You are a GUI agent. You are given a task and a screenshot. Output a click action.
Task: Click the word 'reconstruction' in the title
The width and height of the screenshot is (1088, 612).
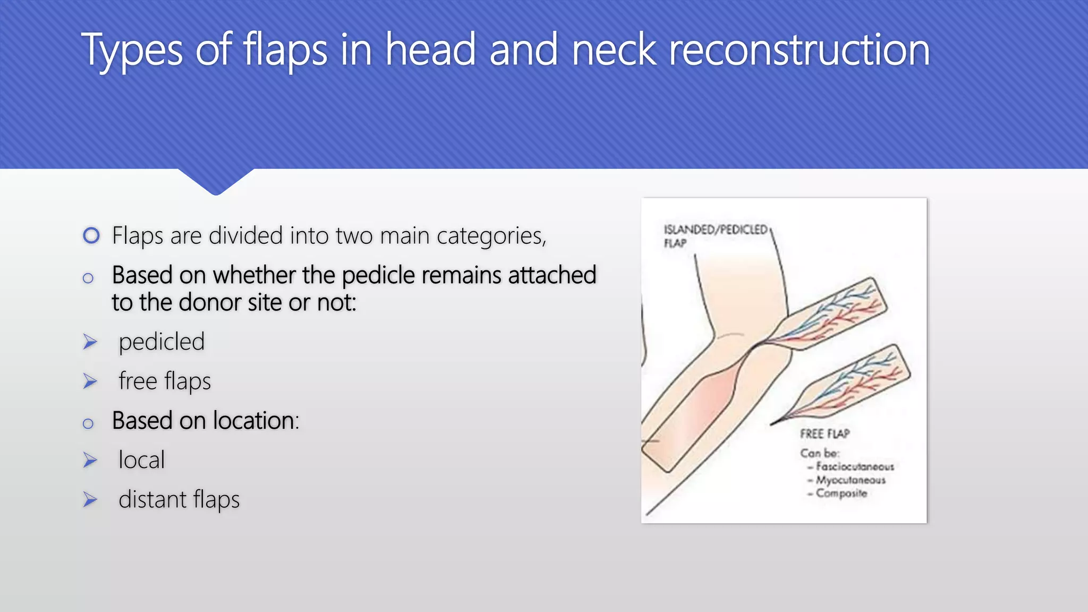799,50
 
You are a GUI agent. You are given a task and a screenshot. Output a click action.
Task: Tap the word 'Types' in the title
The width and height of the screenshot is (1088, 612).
132,51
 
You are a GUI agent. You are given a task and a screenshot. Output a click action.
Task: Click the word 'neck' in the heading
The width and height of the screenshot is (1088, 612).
614,50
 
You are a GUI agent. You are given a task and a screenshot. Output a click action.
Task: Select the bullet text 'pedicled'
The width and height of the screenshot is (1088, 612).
161,342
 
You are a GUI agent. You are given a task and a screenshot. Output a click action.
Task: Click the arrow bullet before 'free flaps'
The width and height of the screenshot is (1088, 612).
90,381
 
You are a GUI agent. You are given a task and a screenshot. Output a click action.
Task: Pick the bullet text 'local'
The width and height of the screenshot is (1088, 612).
141,460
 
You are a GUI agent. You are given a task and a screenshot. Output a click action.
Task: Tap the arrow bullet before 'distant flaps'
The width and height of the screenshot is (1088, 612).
90,500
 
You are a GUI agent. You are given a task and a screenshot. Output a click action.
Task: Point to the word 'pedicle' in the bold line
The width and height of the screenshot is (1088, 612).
378,276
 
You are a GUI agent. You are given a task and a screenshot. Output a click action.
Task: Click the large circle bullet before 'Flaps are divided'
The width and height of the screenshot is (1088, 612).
91,235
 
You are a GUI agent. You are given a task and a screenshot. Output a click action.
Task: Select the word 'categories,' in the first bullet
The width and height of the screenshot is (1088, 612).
491,236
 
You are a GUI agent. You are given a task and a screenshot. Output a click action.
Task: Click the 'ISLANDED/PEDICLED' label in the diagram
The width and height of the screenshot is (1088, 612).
715,230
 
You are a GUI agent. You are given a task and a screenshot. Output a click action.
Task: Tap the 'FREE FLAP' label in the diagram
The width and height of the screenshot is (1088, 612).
824,434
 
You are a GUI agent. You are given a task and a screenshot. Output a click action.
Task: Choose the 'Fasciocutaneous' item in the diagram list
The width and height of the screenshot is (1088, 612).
855,467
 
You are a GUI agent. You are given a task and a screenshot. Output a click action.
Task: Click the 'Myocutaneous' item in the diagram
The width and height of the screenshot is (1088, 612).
851,480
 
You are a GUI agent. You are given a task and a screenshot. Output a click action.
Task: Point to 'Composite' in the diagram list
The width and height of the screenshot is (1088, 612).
841,494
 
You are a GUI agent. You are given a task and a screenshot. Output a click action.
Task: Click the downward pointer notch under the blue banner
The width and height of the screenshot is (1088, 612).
216,182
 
